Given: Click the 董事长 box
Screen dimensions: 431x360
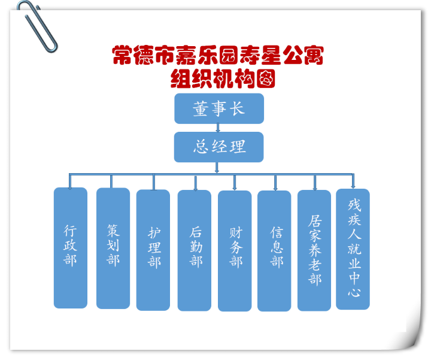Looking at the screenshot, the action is pos(219,108).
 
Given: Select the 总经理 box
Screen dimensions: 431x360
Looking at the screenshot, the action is pos(219,147).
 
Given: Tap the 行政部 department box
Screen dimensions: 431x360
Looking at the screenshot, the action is pos(71,248).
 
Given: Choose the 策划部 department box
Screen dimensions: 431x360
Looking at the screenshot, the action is pos(113,248).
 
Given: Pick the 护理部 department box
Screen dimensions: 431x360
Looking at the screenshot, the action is pos(153,250).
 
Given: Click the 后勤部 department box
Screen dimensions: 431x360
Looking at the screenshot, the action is pos(195,250).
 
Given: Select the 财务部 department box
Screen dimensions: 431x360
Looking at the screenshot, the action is pos(235,251).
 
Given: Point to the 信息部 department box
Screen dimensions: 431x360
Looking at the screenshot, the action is pos(274,251).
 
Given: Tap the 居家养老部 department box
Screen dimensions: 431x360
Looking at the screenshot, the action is pos(314,250).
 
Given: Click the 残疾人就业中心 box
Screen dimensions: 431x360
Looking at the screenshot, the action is pos(353,249).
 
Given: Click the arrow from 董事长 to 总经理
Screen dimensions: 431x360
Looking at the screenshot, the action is pos(218,128).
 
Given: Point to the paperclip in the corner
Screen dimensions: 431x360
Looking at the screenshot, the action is pos(37,26).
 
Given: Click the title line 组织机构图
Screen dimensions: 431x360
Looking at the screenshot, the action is pos(223,78).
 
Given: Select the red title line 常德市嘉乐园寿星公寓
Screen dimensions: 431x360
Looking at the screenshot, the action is pos(218,55).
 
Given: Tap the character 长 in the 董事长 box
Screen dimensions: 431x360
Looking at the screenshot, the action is pos(237,108).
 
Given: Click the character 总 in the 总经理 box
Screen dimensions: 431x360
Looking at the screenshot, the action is pos(201,146).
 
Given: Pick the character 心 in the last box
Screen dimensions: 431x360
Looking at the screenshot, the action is pos(354,292).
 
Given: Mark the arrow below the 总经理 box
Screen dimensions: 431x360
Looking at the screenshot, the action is pos(217,168).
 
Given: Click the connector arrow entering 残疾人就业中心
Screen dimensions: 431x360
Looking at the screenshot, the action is pos(353,181).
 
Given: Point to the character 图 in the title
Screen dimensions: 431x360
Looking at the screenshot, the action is pos(266,78).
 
